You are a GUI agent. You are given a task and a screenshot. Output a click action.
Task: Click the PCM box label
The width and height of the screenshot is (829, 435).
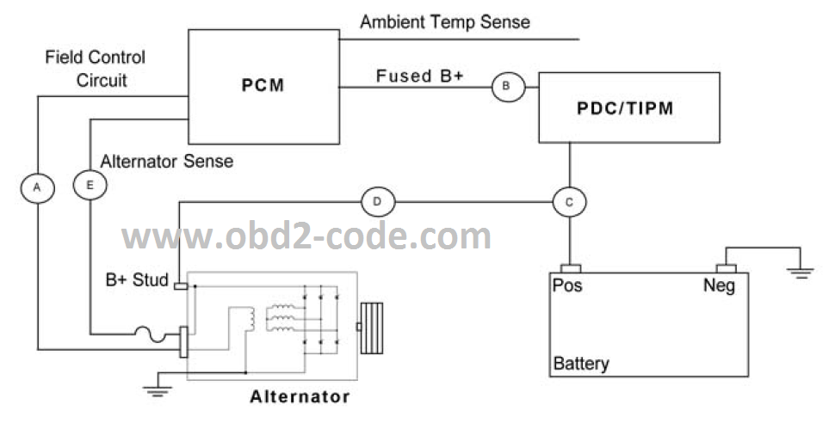[263, 86]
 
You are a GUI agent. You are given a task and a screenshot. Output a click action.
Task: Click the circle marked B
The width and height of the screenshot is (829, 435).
[506, 86]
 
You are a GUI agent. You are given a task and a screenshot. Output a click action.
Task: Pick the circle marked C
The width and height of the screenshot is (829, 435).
[569, 202]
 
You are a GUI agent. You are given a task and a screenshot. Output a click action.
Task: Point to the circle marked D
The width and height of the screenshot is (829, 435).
[377, 202]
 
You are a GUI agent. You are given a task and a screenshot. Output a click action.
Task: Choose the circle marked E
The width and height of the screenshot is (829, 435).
[89, 185]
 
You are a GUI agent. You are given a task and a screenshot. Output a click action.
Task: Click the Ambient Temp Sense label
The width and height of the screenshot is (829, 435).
[444, 21]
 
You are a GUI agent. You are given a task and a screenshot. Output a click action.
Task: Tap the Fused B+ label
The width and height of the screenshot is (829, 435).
[420, 76]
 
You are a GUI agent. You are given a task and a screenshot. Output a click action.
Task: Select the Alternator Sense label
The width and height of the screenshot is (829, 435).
[167, 161]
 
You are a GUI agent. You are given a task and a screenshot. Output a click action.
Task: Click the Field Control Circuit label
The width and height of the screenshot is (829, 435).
[95, 69]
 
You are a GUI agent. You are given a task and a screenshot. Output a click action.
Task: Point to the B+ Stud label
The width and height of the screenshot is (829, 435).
[137, 279]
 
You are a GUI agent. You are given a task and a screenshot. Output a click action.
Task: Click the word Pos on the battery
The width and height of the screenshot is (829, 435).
[568, 285]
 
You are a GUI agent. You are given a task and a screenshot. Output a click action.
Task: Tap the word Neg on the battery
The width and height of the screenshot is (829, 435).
[719, 285]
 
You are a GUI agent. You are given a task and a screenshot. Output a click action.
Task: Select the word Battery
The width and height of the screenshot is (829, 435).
[581, 363]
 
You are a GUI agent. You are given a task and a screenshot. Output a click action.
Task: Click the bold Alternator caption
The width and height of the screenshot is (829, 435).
[300, 397]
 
